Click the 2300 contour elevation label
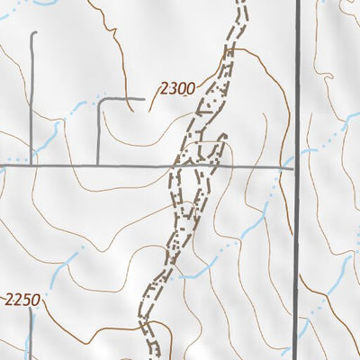tap(177, 88)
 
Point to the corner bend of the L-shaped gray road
tap(99, 98)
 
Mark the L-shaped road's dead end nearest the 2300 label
tap(144, 97)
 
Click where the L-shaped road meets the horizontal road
tap(98, 166)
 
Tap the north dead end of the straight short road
tap(33, 33)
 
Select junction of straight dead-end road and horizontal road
tap(33, 166)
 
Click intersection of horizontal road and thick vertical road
tap(298, 166)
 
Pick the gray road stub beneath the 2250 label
tap(30, 337)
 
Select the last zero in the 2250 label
tap(35, 300)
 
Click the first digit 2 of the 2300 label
tap(164, 88)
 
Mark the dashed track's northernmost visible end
tap(241, 3)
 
